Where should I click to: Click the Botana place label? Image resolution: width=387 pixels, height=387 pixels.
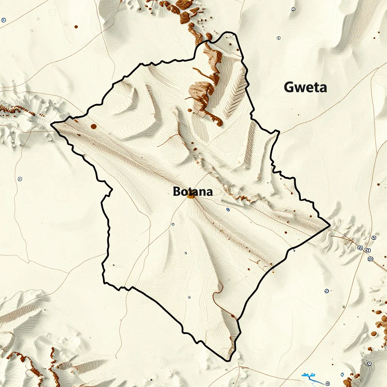point(193,192)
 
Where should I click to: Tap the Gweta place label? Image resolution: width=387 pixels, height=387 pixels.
point(305,88)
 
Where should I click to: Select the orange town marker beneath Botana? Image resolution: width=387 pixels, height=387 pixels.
point(190,196)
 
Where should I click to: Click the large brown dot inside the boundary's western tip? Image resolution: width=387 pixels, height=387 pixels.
point(93,127)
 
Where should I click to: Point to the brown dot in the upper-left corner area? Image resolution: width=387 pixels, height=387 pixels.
point(76,27)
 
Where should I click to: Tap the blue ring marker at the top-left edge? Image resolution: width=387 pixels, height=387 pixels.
point(3,20)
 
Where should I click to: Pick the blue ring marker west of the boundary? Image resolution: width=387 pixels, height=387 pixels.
point(20,179)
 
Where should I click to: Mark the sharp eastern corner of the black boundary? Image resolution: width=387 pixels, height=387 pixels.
point(330,226)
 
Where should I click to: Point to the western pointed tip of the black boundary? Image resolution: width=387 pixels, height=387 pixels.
point(51,124)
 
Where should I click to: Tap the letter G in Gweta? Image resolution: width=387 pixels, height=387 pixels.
point(289,88)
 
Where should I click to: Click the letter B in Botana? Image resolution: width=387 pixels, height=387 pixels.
point(177,192)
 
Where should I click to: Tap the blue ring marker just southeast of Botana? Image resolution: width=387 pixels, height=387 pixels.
point(228,209)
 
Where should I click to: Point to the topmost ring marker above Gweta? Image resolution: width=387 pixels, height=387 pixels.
point(293,9)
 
